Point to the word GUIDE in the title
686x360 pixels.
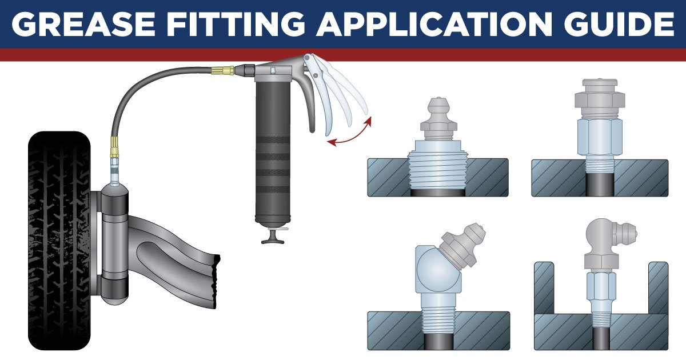pos(612,23)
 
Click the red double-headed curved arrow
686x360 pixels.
pos(350,133)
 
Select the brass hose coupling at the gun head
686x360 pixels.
pos(222,71)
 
